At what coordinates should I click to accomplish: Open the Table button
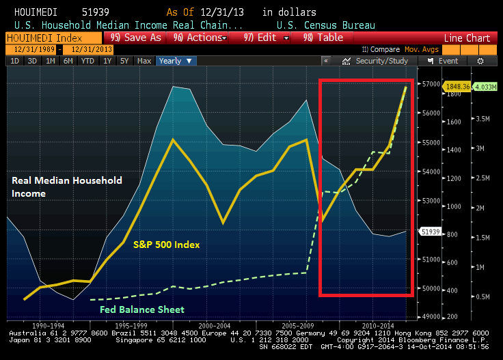pyautogui.click(x=327, y=38)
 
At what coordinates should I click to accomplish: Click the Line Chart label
pyautogui.click(x=468, y=38)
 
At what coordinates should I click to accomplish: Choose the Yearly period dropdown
pyautogui.click(x=176, y=61)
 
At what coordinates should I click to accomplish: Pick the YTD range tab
pyautogui.click(x=87, y=61)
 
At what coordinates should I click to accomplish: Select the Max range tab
pyautogui.click(x=144, y=61)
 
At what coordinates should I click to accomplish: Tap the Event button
pyautogui.click(x=444, y=61)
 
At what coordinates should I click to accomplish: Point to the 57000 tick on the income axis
pyautogui.click(x=431, y=84)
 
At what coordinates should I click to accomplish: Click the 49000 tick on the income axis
pyautogui.click(x=431, y=317)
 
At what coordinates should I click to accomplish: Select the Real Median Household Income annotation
pyautogui.click(x=67, y=186)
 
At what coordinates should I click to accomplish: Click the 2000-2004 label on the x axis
pyautogui.click(x=215, y=326)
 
